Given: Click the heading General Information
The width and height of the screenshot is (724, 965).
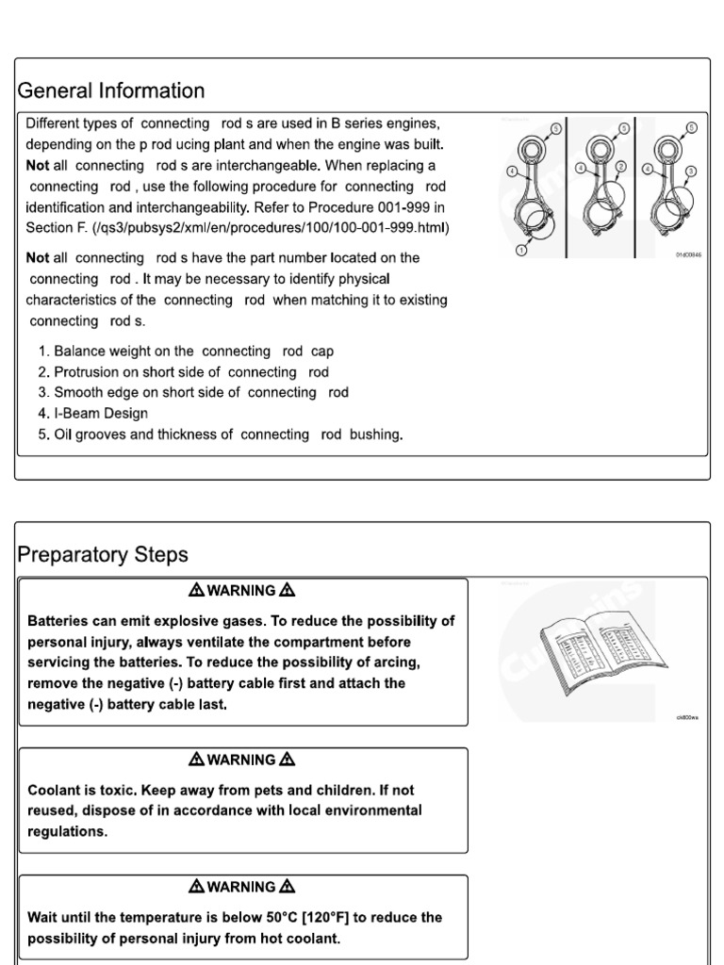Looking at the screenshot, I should pos(111,91).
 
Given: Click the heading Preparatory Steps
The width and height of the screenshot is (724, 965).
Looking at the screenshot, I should pos(103,554).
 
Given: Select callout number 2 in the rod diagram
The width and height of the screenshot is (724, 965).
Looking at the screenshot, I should pos(619,167).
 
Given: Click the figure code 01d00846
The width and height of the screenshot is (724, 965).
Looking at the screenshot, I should pos(690,254).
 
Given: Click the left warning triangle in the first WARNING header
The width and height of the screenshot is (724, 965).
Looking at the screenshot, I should pos(196,591).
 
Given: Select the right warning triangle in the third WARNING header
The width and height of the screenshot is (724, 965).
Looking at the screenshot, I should pos(288,887).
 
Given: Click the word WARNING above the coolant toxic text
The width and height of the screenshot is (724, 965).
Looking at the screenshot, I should pos(241,760).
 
